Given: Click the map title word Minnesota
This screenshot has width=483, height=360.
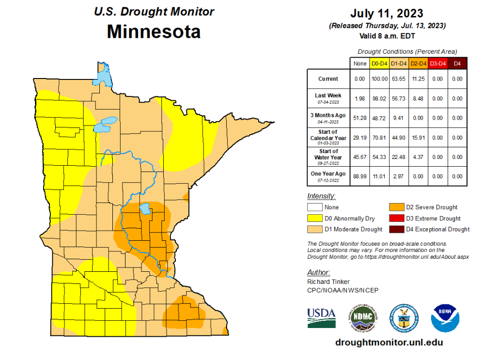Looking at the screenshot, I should tap(154, 32).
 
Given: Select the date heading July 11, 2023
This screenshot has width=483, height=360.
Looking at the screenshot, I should tap(387, 13).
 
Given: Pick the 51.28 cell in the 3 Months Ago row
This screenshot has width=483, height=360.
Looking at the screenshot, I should tap(360, 118).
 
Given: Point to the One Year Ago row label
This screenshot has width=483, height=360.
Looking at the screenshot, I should tap(328, 175).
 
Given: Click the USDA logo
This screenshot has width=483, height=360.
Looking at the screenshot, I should tap(321, 318).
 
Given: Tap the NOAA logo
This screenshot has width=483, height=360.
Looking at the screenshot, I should tap(445, 318).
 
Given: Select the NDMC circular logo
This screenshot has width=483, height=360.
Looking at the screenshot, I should tap(362, 318).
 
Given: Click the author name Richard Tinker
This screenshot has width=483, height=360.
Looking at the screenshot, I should tap(328, 282).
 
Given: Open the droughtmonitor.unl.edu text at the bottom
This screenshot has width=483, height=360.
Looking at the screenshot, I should tap(389, 342).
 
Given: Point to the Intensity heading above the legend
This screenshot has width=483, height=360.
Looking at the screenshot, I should tap(321, 196).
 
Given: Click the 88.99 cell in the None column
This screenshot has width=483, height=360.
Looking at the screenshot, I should tap(360, 176).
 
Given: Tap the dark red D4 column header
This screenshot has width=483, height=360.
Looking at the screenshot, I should tap(456, 63).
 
